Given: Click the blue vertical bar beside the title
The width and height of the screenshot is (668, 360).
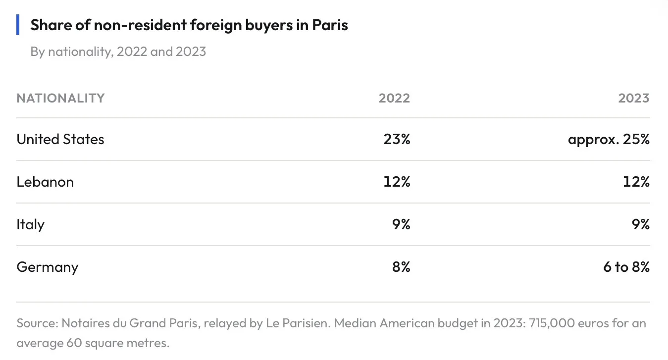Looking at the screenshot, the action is point(18,25).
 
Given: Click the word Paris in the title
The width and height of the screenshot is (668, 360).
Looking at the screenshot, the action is point(330,25).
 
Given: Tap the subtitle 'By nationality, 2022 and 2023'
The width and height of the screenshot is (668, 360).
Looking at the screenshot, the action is point(118,52).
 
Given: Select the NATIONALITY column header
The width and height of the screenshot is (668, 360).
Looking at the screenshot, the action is point(60,98).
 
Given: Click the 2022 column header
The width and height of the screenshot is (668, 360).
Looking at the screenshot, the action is point(394,98).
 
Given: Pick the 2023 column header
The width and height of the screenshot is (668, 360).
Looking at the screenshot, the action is point(634,98).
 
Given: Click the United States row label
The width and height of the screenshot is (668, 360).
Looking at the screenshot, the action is point(60,139).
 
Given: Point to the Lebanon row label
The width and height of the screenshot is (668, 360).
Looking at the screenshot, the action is point(45,182).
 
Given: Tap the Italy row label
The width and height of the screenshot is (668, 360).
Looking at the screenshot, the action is point(30,225).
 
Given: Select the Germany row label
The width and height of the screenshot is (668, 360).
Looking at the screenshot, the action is point(48,267).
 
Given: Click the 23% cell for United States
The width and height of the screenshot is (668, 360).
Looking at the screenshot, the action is point(397,139).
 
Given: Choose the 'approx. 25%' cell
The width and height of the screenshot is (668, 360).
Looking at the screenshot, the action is point(609,140).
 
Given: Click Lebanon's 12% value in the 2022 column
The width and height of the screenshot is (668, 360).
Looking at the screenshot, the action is point(397,182).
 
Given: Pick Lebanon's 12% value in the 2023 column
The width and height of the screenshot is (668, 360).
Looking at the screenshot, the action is point(636,182).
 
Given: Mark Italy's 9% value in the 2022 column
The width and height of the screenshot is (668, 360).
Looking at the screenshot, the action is point(401,225).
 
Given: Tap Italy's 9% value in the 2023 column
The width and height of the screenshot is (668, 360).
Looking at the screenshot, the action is point(641,225).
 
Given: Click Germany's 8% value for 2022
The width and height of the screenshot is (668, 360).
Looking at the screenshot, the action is point(401,267).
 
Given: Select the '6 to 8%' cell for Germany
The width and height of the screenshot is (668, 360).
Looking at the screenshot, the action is point(626,267).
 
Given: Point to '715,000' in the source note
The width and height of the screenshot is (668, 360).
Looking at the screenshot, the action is point(552,323).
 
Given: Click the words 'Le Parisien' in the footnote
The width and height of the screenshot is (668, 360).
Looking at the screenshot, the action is point(297,323).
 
